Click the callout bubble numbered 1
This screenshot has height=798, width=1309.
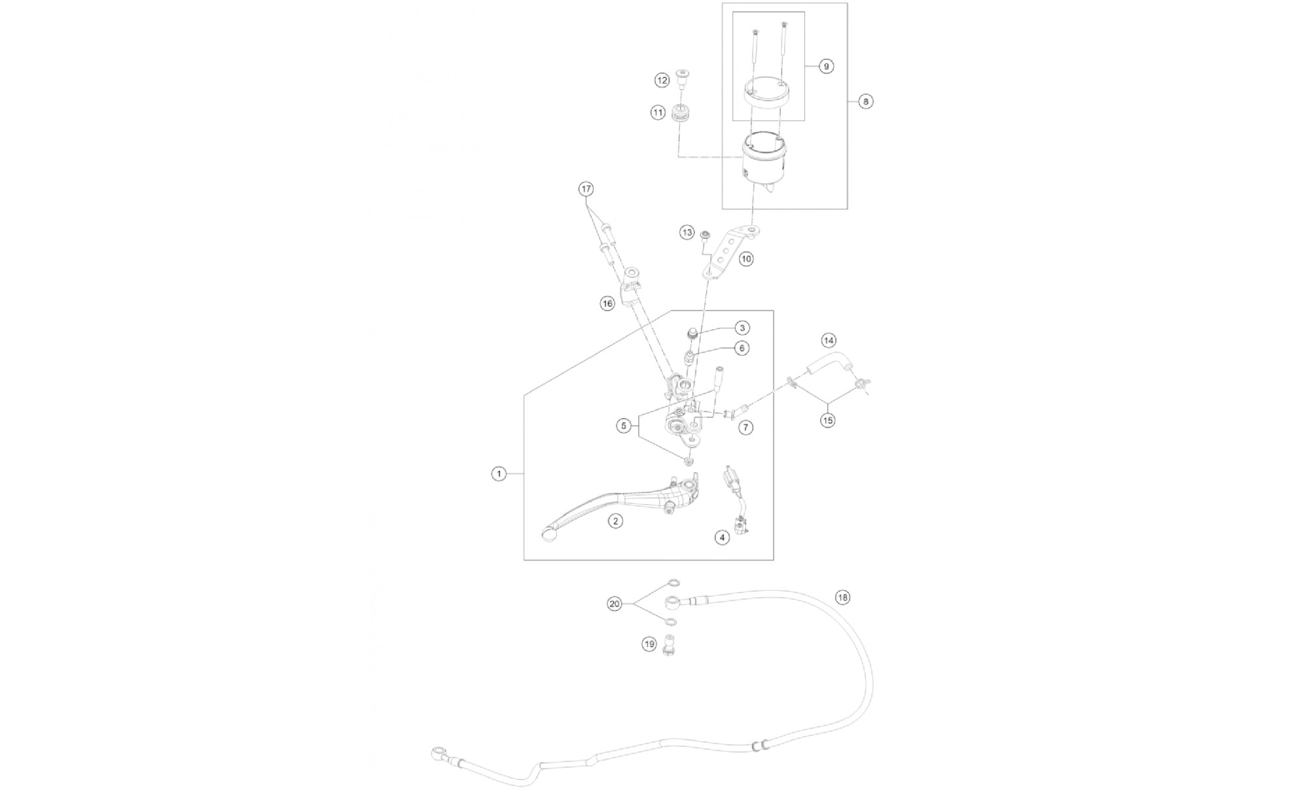click(x=499, y=474)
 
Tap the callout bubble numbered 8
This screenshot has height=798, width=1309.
click(x=866, y=101)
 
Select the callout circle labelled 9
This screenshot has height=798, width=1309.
click(x=826, y=66)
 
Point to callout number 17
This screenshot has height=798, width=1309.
click(x=586, y=189)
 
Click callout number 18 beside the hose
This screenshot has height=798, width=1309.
click(x=842, y=597)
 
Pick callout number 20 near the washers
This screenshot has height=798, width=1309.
click(x=615, y=604)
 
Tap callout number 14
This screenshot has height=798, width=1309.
click(x=829, y=340)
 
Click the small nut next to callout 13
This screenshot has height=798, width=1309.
click(x=706, y=234)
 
